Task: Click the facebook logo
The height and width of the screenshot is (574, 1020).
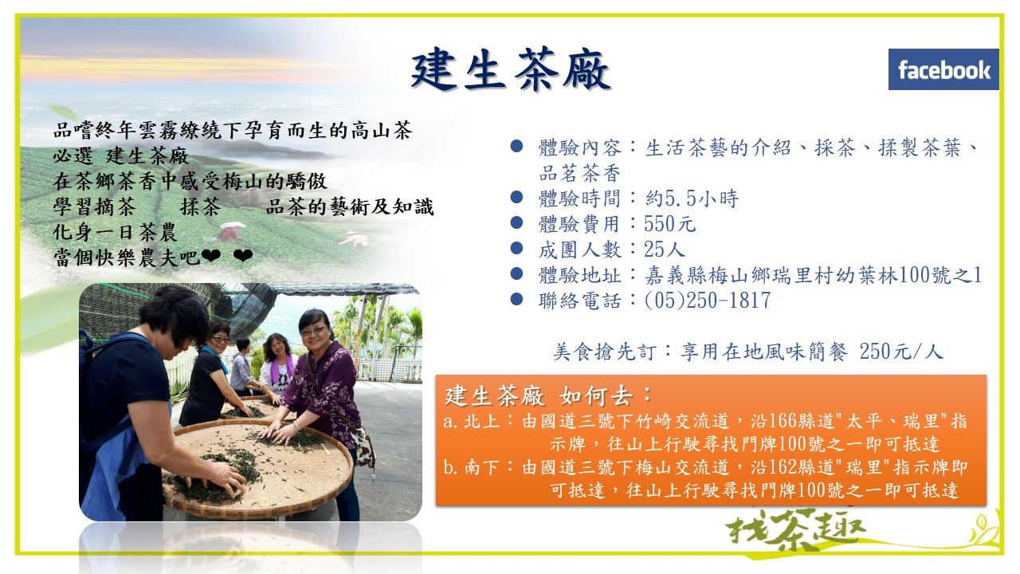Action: [943, 69]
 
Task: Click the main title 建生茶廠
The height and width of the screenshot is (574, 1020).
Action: [511, 69]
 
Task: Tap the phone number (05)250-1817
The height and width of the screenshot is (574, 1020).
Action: [708, 301]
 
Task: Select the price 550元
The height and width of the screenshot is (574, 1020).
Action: [670, 224]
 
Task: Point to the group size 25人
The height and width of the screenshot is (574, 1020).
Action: [665, 250]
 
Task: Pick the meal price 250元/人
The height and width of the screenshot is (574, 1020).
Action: [900, 352]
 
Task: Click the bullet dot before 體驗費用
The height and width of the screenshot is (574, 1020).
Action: [516, 222]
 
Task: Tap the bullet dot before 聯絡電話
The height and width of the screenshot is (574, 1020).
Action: [516, 299]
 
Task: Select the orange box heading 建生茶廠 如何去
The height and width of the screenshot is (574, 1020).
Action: [549, 395]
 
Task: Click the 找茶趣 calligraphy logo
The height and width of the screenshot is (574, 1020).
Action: [795, 531]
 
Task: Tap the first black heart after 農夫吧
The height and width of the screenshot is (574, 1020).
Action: [211, 256]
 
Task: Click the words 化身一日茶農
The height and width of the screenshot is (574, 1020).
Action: [116, 232]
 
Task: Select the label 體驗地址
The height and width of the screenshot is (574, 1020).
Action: [579, 275]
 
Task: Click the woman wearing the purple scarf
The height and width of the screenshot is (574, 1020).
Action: [278, 364]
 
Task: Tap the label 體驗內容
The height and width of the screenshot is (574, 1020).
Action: [579, 147]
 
